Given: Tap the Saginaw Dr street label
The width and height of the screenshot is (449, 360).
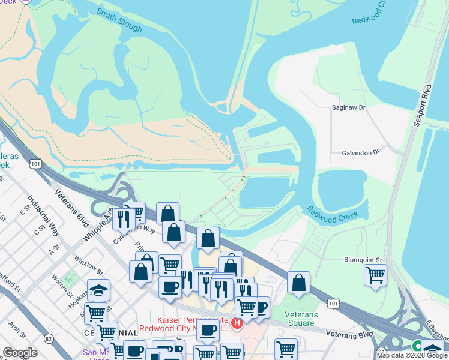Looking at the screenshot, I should [x=349, y=107].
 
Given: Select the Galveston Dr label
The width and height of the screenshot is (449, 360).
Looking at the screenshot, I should [x=357, y=152].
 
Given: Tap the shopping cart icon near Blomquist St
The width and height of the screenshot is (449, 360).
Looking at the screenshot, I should [x=375, y=275].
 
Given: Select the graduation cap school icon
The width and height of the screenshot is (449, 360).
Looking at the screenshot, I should [x=98, y=290].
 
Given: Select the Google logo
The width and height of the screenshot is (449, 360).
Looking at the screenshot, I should [x=20, y=353].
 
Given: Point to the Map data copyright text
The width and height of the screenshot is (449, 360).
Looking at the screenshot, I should [x=412, y=355].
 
